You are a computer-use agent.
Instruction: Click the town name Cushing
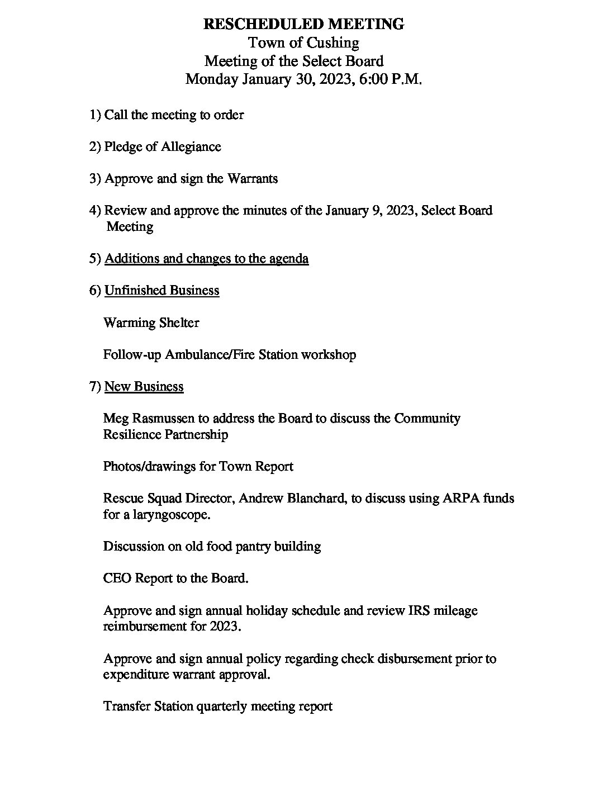coord(333,42)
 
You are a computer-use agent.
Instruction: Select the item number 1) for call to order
coord(95,115)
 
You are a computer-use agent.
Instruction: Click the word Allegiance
coord(191,146)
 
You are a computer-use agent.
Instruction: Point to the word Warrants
coord(252,179)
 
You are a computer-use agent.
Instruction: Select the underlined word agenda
coord(289,258)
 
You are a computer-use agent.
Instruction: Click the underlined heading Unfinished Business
coord(162,290)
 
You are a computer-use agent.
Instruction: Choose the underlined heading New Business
coord(144,386)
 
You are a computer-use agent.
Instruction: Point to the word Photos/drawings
coord(149,466)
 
